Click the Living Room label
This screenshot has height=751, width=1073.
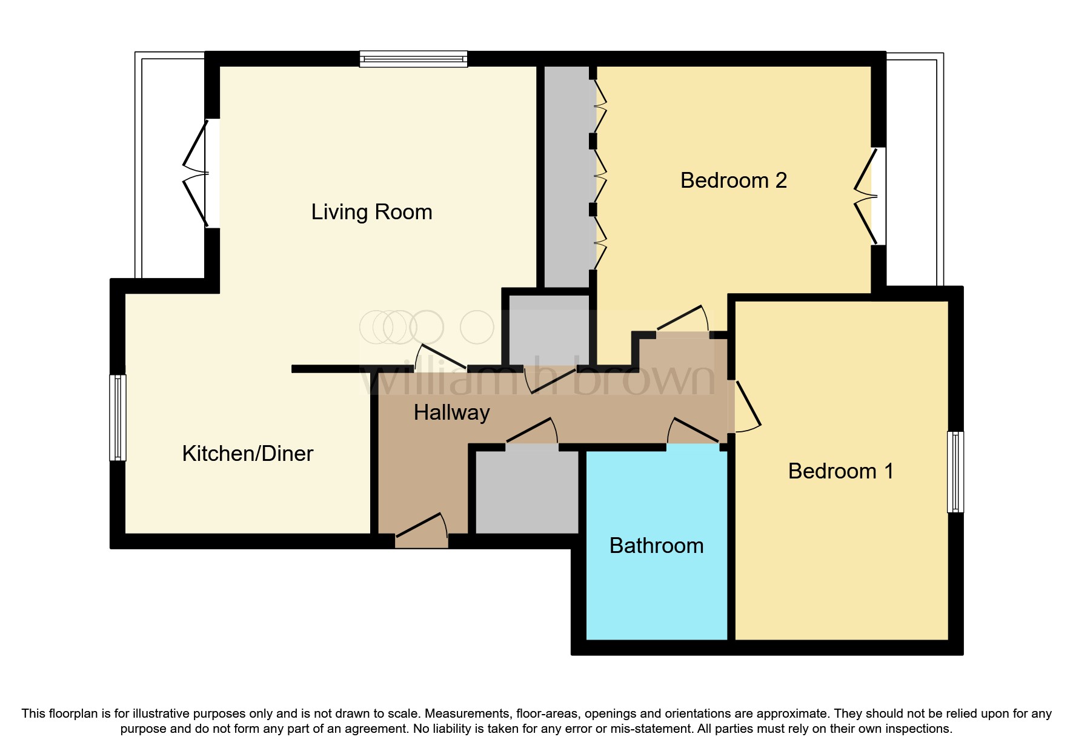[x=371, y=212]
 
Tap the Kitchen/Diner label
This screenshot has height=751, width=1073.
[x=247, y=454]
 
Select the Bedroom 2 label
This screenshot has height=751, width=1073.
[x=733, y=180]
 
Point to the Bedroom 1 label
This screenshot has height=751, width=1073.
[x=840, y=471]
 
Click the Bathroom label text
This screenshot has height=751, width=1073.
[x=656, y=546]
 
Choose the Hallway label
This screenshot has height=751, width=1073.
[x=451, y=412]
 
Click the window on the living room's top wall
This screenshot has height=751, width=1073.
[x=413, y=59]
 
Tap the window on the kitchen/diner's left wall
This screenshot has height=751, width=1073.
[x=118, y=417]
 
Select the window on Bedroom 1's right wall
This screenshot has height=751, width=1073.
[x=955, y=472]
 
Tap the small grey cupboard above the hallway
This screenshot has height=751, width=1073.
[x=548, y=330]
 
